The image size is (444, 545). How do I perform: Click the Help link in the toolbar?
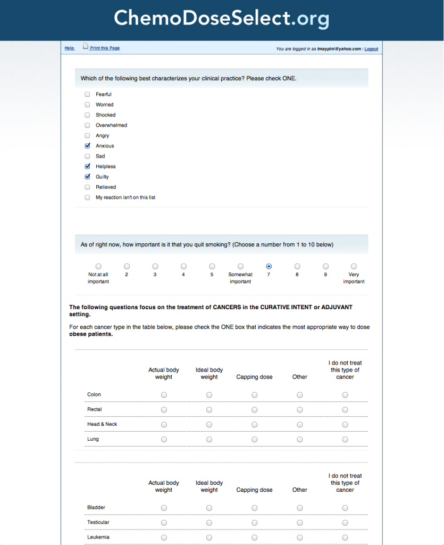[69, 48]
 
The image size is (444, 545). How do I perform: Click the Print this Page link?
[104, 48]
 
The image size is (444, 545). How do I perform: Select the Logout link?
[371, 49]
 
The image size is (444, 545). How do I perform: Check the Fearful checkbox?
[87, 95]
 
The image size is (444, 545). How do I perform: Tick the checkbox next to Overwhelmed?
[87, 126]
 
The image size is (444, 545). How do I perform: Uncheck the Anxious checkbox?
[87, 146]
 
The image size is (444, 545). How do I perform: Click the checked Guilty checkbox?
[87, 177]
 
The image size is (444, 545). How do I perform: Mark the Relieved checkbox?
[87, 187]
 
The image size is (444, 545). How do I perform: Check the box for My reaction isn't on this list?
[87, 197]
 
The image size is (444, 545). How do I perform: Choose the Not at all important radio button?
[98, 266]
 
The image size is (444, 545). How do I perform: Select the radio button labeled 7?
[269, 266]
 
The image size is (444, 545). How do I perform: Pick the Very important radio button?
[354, 266]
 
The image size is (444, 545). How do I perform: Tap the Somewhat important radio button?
[240, 266]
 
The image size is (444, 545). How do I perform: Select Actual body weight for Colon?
[164, 395]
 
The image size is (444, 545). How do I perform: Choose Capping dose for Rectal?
[255, 410]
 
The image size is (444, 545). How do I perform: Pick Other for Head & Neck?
[300, 425]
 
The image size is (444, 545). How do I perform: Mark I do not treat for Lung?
[345, 440]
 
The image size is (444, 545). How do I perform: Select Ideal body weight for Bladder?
[209, 508]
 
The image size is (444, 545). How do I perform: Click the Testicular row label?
[98, 523]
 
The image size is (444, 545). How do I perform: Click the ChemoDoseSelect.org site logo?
[222, 19]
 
